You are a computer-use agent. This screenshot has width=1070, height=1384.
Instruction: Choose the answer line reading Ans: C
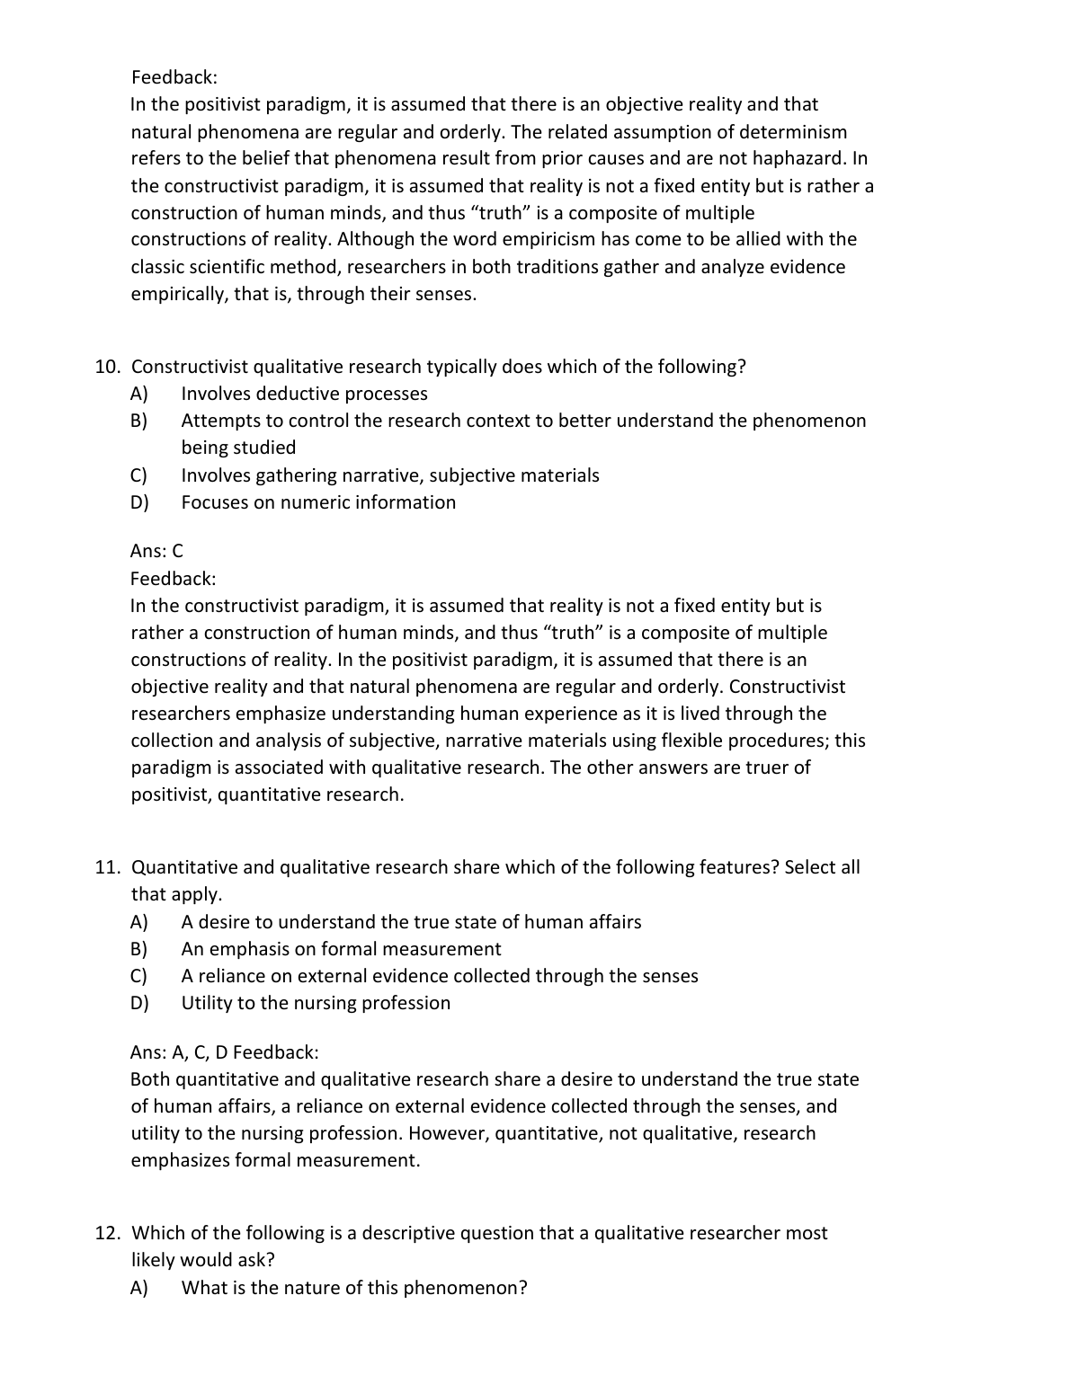(x=156, y=551)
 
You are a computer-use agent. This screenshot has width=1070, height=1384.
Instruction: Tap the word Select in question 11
(x=811, y=867)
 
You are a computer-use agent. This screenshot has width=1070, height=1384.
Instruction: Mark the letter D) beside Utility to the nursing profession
(x=139, y=1003)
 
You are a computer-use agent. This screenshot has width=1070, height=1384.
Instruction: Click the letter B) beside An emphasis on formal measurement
(x=139, y=949)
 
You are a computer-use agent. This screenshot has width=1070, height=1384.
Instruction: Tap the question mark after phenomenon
(x=522, y=1288)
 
